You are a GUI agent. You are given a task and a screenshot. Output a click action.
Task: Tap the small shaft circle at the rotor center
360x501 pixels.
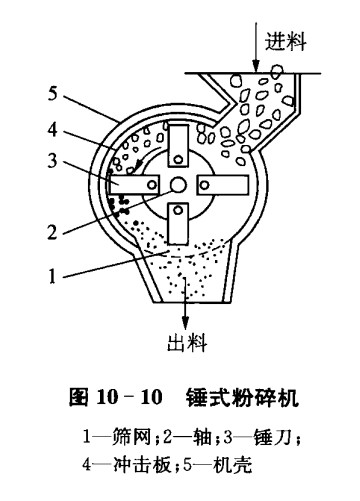coord(177,185)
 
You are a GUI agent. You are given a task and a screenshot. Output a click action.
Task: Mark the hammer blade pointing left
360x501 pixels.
coord(139,185)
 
